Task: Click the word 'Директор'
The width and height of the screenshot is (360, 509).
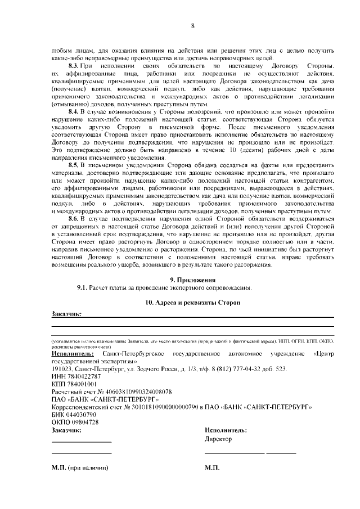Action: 218,439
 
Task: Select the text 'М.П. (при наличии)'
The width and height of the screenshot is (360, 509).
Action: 79,469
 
